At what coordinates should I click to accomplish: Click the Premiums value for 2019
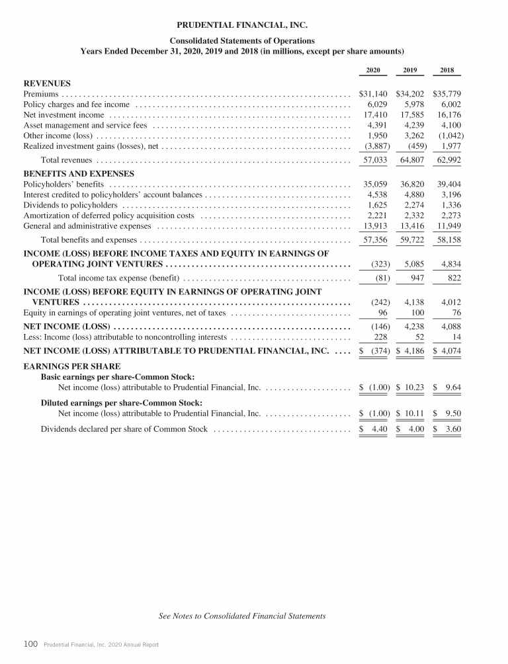click(410, 94)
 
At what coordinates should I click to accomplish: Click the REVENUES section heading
click(47, 83)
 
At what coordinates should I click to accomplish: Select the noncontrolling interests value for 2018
click(455, 337)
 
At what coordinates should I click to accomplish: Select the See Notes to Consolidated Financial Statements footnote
click(243, 616)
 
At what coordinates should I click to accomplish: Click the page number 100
click(30, 643)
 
